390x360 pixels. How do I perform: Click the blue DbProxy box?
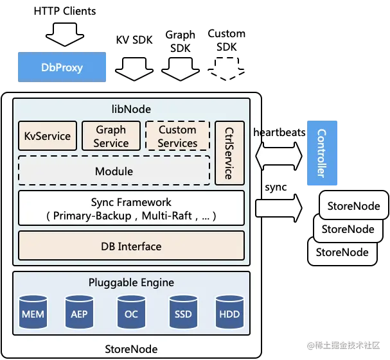tap(62, 67)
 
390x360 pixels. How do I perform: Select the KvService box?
tap(47, 136)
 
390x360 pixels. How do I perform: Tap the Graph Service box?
tap(111, 136)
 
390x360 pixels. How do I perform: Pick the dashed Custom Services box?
tap(177, 136)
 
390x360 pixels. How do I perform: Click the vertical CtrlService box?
tap(229, 153)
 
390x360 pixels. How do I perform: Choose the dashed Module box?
tap(114, 171)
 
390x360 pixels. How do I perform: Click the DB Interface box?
tap(131, 246)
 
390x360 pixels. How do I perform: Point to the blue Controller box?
tap(321, 153)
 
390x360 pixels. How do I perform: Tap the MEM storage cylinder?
tap(33, 313)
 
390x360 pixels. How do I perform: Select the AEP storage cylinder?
tap(80, 313)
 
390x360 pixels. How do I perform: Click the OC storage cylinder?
tap(131, 313)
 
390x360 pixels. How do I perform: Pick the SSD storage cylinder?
tap(183, 313)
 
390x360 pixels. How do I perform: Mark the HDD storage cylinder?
tap(229, 313)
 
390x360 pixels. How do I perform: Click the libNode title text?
tap(131, 109)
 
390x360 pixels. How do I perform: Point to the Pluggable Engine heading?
tap(131, 282)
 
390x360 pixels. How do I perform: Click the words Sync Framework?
tap(131, 202)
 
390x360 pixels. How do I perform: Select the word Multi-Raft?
tap(168, 216)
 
